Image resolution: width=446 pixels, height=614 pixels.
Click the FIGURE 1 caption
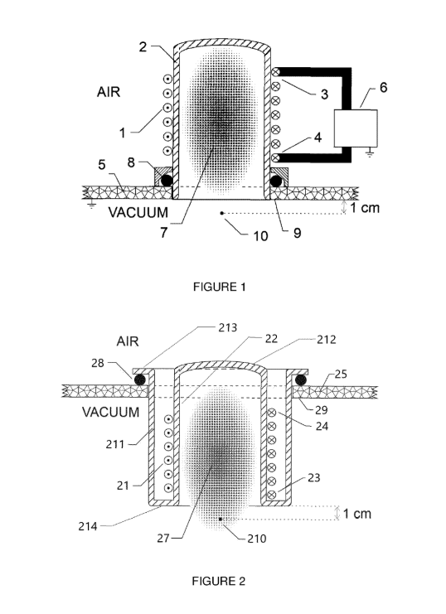point(219,287)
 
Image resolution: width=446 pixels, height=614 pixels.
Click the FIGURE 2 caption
point(218,581)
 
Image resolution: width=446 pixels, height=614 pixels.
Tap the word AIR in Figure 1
point(108,92)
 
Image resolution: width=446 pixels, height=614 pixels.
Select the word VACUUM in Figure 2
point(110,412)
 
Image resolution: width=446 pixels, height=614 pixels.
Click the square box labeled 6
point(356,128)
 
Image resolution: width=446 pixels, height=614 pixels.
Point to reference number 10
point(260,235)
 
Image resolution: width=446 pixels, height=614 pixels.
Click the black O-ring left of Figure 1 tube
point(166,181)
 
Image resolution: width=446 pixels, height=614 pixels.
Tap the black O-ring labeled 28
point(139,380)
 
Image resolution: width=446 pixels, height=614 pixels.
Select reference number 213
point(228,327)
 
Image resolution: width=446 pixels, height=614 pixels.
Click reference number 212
point(327,340)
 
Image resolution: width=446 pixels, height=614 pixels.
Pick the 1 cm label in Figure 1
point(365,207)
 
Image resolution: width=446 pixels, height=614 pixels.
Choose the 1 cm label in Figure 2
point(357,514)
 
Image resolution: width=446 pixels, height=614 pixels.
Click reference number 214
point(88,526)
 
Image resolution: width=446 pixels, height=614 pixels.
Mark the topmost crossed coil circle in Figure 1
point(275,72)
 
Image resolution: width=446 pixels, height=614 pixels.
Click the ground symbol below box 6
point(370,152)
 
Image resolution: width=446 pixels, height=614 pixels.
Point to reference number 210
point(257,539)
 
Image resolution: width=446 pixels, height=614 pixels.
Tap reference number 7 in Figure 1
point(164,232)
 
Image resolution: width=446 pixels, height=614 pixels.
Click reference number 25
point(341,374)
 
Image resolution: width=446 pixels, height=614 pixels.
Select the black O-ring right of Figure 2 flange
point(300,380)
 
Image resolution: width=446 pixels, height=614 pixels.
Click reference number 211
point(115,444)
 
